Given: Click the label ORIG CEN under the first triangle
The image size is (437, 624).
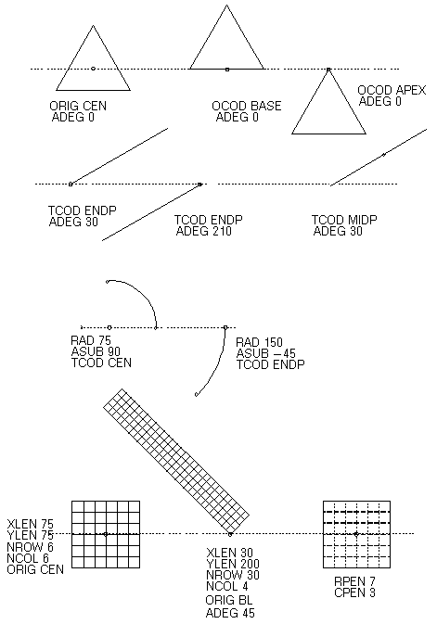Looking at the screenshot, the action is coord(78,106).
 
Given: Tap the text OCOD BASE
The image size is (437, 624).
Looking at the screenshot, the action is coord(247,106).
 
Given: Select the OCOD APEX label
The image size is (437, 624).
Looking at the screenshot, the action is coord(392,90).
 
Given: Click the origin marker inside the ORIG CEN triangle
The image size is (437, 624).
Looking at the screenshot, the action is coord(93,69).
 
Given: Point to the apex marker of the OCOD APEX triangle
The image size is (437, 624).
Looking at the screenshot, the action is coord(328,70).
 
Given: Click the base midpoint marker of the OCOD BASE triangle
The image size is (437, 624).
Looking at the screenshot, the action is coord(227,70).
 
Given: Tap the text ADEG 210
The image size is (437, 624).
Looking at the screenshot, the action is coord(203,231).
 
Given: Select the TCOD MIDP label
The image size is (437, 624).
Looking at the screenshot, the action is coord(344,220).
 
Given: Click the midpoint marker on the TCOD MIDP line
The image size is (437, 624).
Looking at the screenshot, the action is coord(383,155).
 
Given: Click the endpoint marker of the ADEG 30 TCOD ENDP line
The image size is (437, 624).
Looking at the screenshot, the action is coord(71,184).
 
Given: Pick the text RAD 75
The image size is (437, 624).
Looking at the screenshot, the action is coord(91,340).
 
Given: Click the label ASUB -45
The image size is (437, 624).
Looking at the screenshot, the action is coord(265,353).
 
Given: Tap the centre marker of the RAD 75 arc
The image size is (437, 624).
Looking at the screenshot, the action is coord(109,327).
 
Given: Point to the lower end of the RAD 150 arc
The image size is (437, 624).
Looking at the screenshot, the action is coord(197,395).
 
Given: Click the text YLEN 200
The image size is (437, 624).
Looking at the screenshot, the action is coord(233,564).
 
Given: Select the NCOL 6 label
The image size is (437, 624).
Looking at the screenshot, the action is coord(28,558).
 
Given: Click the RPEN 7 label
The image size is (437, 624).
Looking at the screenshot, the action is coord(354,581).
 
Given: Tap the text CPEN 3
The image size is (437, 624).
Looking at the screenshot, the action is coord(354,592).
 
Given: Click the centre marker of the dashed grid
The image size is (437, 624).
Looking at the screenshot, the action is coord(356,534).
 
